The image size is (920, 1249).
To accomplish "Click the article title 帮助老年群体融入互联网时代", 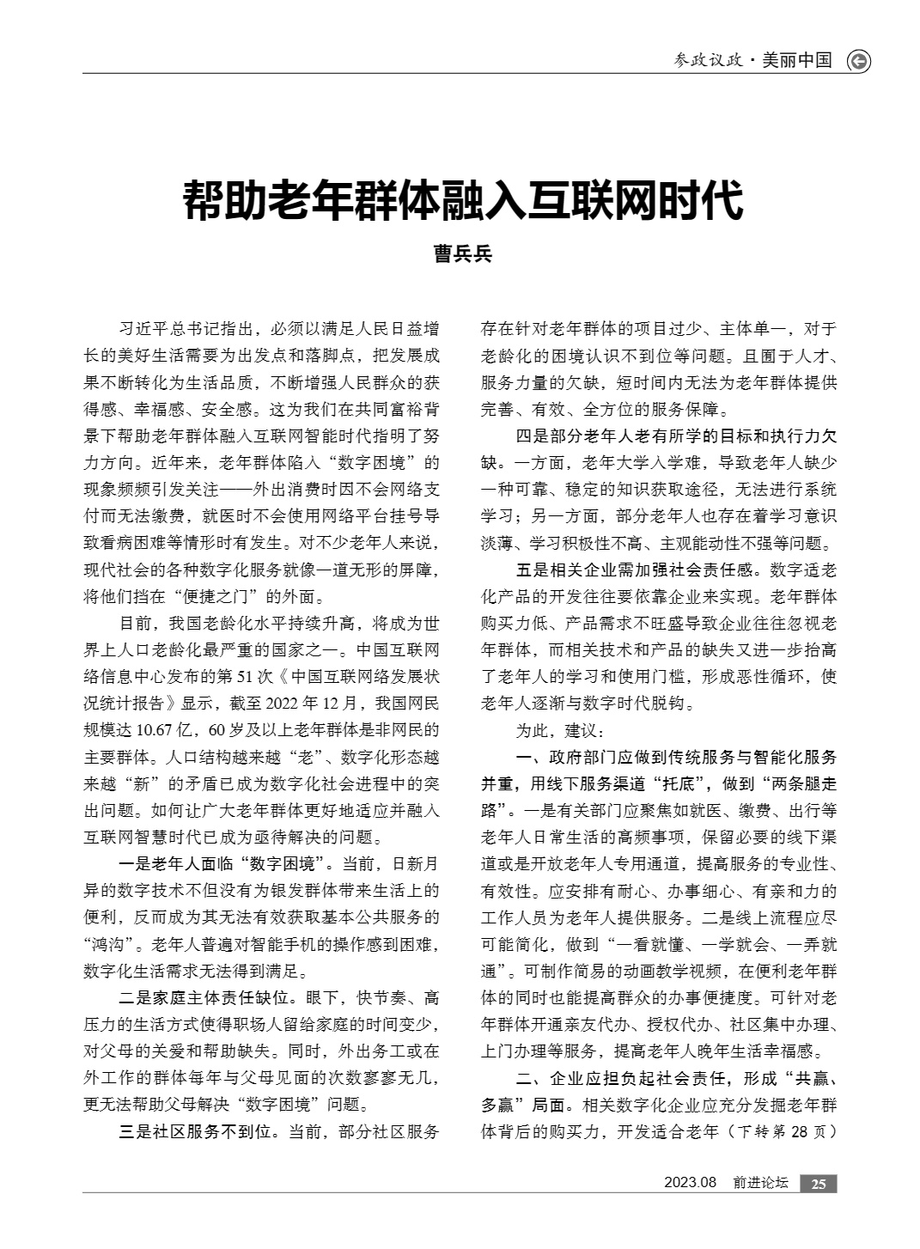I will point(463,200).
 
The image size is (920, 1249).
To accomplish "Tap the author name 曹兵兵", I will point(463,253).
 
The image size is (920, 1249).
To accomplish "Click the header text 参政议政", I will point(707,60).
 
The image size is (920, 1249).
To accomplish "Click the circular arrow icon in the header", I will point(858,61).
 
